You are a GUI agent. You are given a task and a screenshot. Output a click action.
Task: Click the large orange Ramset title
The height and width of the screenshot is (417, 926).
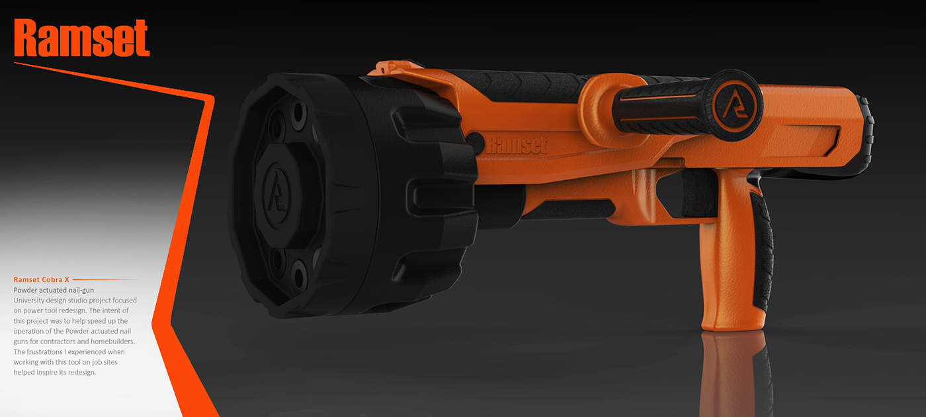coord(81,38)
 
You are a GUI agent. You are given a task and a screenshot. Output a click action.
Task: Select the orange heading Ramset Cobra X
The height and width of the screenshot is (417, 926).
coord(42,280)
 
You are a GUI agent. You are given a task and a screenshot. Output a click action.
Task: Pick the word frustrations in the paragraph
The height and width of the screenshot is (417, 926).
coord(51,351)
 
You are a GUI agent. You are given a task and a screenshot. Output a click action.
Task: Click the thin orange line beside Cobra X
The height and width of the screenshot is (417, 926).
coord(105,280)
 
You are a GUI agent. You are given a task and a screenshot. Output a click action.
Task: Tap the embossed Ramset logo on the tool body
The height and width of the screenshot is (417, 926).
coord(517,144)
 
